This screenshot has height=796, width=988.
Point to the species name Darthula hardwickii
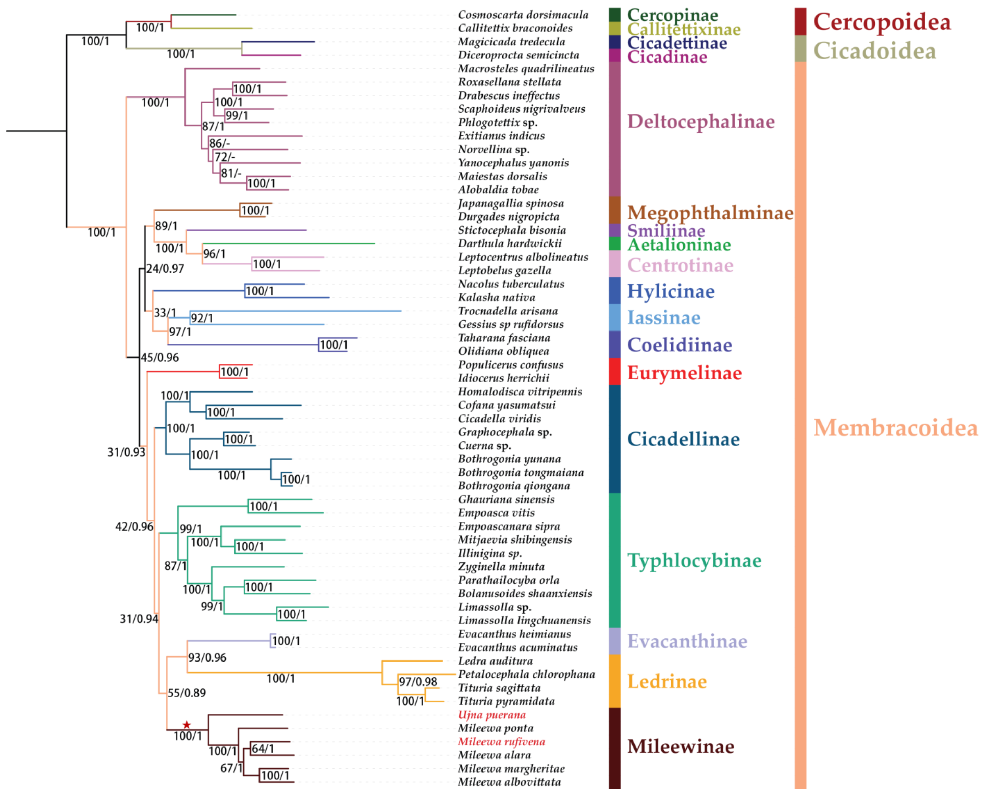pyautogui.click(x=510, y=243)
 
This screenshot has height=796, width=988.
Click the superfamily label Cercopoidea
pyautogui.click(x=882, y=21)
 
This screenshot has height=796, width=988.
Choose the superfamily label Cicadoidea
pyautogui.click(x=874, y=51)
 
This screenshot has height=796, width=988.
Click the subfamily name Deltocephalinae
pyautogui.click(x=700, y=121)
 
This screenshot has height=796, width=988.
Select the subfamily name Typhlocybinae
pyautogui.click(x=694, y=560)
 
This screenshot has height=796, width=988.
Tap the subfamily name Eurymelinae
pyautogui.click(x=684, y=373)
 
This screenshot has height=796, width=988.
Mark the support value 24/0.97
pyautogui.click(x=165, y=269)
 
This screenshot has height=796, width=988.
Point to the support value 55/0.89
pyautogui.click(x=187, y=693)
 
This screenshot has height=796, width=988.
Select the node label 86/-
pyautogui.click(x=220, y=143)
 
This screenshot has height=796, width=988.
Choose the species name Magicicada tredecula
pyautogui.click(x=511, y=42)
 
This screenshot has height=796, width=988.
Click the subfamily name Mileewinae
pyautogui.click(x=680, y=746)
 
